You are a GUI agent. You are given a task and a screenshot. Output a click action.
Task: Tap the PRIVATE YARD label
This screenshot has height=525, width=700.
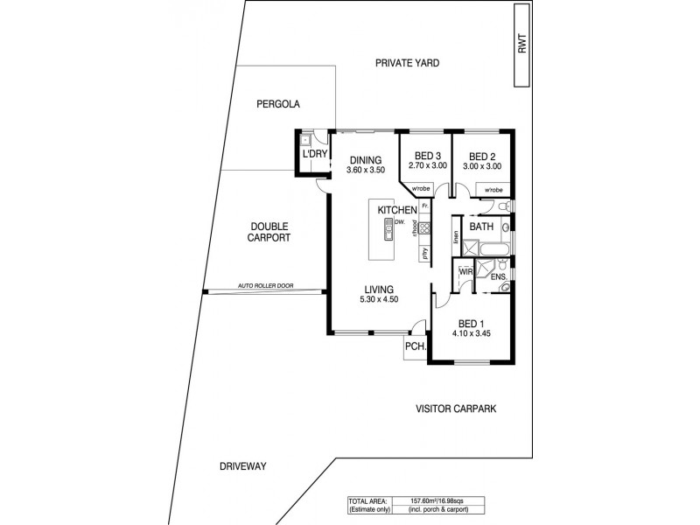click(407, 63)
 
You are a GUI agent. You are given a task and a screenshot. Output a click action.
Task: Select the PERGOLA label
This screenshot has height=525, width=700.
click(278, 103)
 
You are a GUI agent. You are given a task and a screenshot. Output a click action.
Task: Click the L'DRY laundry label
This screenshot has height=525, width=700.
click(314, 155)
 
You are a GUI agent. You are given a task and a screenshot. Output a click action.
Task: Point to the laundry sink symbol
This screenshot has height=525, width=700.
click(305, 139)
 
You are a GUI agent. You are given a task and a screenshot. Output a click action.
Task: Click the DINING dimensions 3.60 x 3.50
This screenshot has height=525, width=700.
click(365, 170)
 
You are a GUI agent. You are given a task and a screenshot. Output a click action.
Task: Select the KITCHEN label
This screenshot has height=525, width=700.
click(395, 211)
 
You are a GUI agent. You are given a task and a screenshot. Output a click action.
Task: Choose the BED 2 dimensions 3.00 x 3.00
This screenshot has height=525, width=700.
click(482, 166)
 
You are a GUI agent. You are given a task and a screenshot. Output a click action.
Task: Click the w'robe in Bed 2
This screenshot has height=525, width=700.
click(491, 189)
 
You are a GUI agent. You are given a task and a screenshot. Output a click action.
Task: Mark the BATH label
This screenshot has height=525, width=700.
click(481, 227)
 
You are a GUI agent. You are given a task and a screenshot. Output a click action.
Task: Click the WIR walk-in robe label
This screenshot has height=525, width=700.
click(466, 272)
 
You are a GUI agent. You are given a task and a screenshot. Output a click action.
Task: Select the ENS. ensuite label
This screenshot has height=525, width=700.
click(499, 277)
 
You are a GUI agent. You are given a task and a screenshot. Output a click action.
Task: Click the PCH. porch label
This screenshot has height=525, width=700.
click(415, 347)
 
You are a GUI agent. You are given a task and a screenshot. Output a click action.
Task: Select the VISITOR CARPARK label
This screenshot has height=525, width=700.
click(462, 408)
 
